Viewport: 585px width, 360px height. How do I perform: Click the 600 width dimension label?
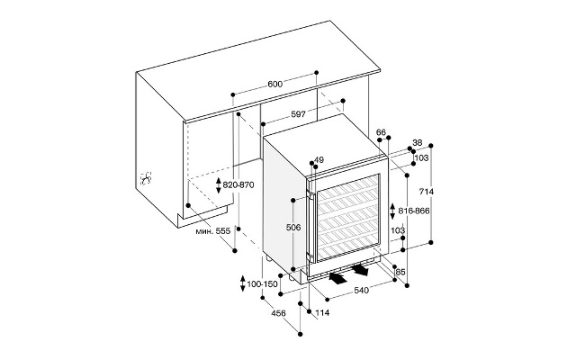pyautogui.click(x=275, y=84)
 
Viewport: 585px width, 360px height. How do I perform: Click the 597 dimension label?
pyautogui.click(x=299, y=114)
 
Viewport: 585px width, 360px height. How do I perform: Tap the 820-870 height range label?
pyautogui.click(x=238, y=184)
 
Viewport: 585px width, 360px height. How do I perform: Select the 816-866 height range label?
pyautogui.click(x=414, y=211)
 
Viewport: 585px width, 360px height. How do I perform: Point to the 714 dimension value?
pyautogui.click(x=427, y=192)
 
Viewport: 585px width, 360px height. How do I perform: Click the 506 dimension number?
pyautogui.click(x=293, y=227)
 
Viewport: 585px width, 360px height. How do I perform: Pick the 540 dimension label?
pyautogui.click(x=361, y=290)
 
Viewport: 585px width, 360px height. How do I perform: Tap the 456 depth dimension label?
pyautogui.click(x=278, y=313)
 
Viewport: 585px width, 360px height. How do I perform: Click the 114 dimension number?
pyautogui.click(x=322, y=313)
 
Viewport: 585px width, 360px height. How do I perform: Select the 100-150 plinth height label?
pyautogui.click(x=262, y=284)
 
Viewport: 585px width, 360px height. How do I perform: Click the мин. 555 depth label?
pyautogui.click(x=213, y=231)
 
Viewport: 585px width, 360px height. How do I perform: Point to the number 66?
pyautogui.click(x=381, y=132)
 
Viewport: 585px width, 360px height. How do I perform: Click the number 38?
pyautogui.click(x=418, y=142)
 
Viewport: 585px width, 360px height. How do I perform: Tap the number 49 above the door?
pyautogui.click(x=319, y=160)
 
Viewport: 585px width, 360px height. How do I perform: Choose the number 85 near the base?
pyautogui.click(x=400, y=272)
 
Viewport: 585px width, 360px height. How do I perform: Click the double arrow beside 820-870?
pyautogui.click(x=219, y=185)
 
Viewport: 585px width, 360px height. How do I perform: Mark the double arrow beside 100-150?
pyautogui.click(x=242, y=283)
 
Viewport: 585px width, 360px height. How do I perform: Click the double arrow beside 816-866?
pyautogui.click(x=392, y=211)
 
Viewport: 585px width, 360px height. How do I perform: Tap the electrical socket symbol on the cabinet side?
pyautogui.click(x=146, y=178)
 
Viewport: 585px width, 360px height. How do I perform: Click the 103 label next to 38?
pyautogui.click(x=421, y=158)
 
